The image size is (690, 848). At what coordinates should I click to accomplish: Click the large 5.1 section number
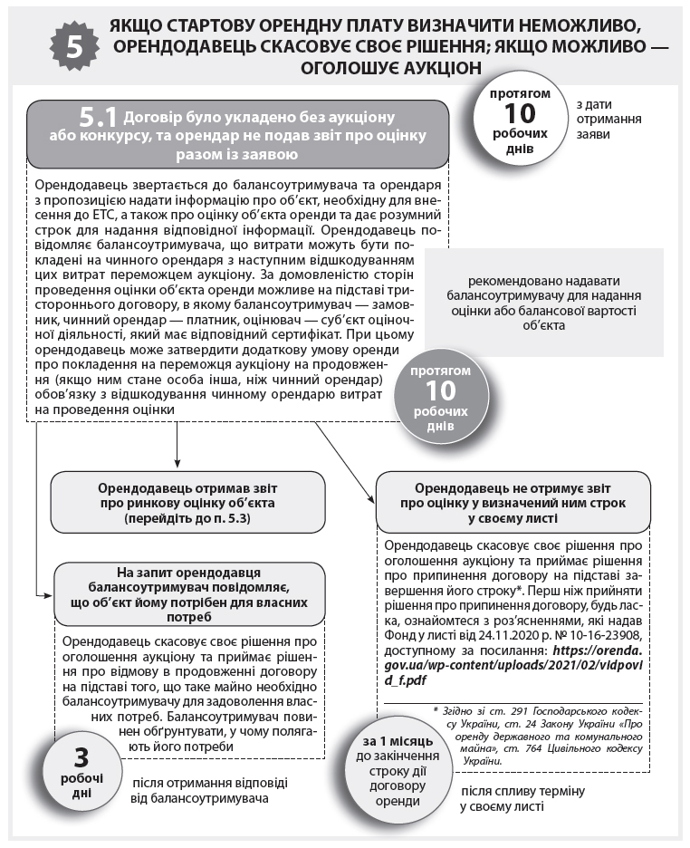99,117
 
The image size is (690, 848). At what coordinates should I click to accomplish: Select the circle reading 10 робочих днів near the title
520,121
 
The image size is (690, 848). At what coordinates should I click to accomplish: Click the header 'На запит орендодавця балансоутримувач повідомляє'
189,594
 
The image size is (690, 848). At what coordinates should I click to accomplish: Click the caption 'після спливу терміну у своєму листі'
522,798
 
